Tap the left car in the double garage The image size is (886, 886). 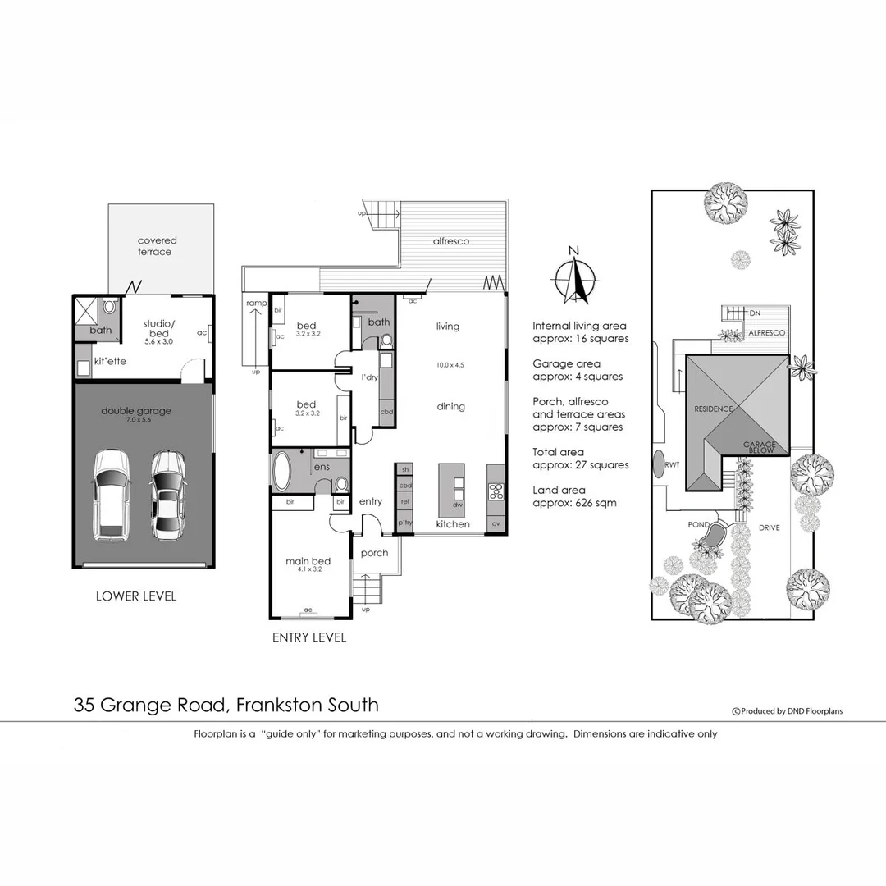(112, 495)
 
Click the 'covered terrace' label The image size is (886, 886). (156, 246)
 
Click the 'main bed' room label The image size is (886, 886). (303, 562)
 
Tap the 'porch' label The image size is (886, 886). (375, 553)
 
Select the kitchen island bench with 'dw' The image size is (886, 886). (451, 491)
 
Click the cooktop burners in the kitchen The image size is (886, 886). (496, 491)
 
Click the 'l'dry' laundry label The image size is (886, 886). (370, 377)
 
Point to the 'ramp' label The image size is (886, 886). (256, 304)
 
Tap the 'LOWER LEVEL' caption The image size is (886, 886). (135, 596)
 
